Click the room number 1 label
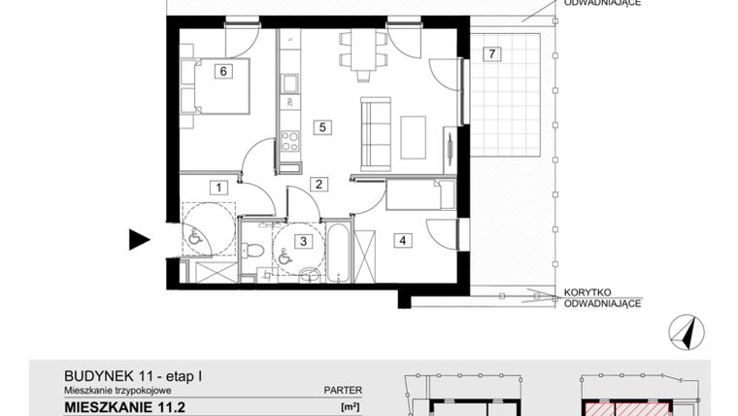[219, 188]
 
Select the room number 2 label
[317, 183]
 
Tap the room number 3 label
[303, 240]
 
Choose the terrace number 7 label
[493, 53]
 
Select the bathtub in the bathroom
[337, 251]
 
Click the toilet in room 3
[254, 251]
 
